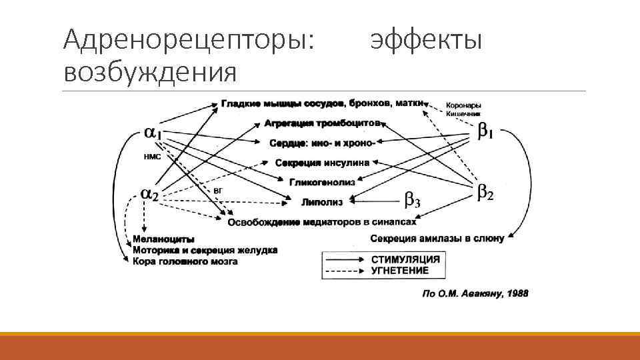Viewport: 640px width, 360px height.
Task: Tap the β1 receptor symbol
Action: click(x=485, y=132)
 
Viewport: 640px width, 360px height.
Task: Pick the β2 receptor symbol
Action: click(x=485, y=193)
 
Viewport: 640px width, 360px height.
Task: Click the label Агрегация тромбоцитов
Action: click(x=323, y=123)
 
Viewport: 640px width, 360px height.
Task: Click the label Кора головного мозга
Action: click(x=185, y=262)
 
